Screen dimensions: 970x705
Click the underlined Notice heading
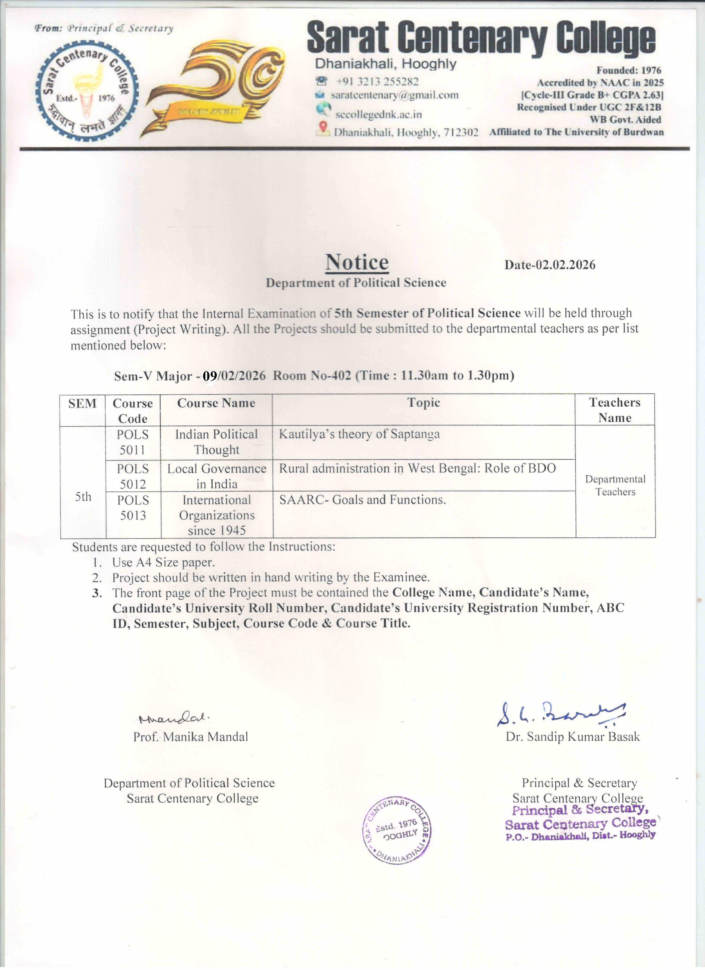(x=357, y=262)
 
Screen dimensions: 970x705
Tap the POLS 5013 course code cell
(x=133, y=508)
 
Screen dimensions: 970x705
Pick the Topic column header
(x=423, y=403)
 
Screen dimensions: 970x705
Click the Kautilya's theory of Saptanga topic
(x=359, y=434)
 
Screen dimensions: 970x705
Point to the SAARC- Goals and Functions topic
(x=362, y=500)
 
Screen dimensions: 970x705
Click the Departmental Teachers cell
(x=615, y=485)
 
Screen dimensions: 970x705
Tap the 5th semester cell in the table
(x=83, y=496)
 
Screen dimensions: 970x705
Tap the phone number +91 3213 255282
(x=377, y=81)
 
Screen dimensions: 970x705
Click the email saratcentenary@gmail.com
(x=394, y=95)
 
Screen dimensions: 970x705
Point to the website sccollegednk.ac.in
(x=378, y=115)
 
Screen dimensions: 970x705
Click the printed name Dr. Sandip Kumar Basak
(x=573, y=737)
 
